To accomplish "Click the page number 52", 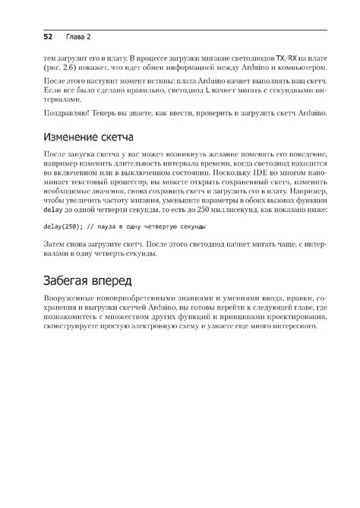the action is point(47,36).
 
